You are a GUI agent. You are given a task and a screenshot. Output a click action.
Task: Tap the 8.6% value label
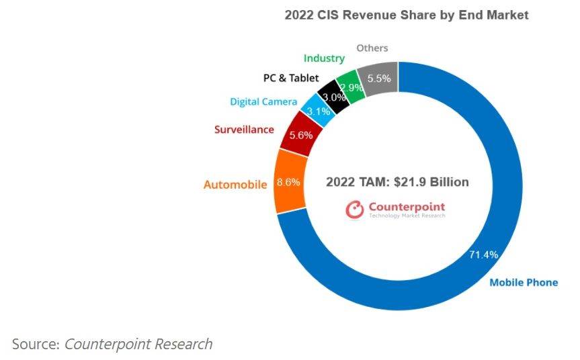point(288,183)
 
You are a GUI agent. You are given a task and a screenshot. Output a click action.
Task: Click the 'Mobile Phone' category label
point(524,282)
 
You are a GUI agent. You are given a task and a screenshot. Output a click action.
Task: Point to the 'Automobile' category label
point(235,184)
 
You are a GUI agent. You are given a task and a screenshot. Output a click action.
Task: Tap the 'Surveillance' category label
point(244,129)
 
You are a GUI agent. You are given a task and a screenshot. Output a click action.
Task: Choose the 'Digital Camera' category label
point(263,101)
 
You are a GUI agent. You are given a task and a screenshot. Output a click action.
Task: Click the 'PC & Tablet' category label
point(290,78)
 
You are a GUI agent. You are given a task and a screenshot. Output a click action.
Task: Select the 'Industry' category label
point(324,59)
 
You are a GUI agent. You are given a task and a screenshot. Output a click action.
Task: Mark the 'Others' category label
point(372,48)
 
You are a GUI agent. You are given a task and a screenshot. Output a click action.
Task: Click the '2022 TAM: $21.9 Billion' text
point(397,182)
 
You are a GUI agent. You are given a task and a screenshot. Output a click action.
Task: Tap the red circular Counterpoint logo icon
point(355,210)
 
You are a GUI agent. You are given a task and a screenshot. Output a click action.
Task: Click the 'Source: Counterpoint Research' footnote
point(112,345)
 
